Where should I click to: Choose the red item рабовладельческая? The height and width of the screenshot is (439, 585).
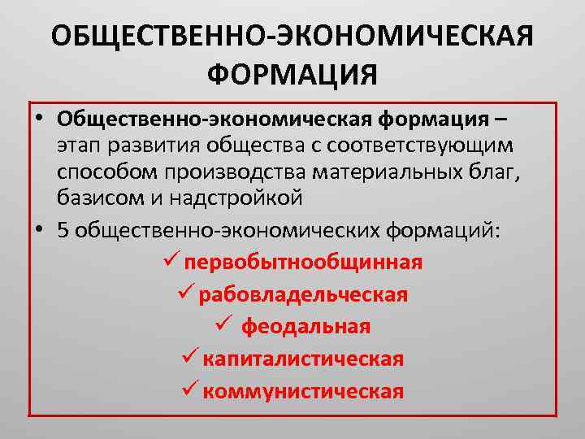pyautogui.click(x=303, y=294)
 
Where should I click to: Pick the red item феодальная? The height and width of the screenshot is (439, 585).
pyautogui.click(x=306, y=327)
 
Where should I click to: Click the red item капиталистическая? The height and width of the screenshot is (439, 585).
pyautogui.click(x=303, y=359)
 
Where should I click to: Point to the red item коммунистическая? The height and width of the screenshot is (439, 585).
pyautogui.click(x=303, y=391)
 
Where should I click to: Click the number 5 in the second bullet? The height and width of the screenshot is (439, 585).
pyautogui.click(x=64, y=230)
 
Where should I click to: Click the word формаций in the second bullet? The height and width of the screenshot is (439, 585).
pyautogui.click(x=446, y=230)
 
